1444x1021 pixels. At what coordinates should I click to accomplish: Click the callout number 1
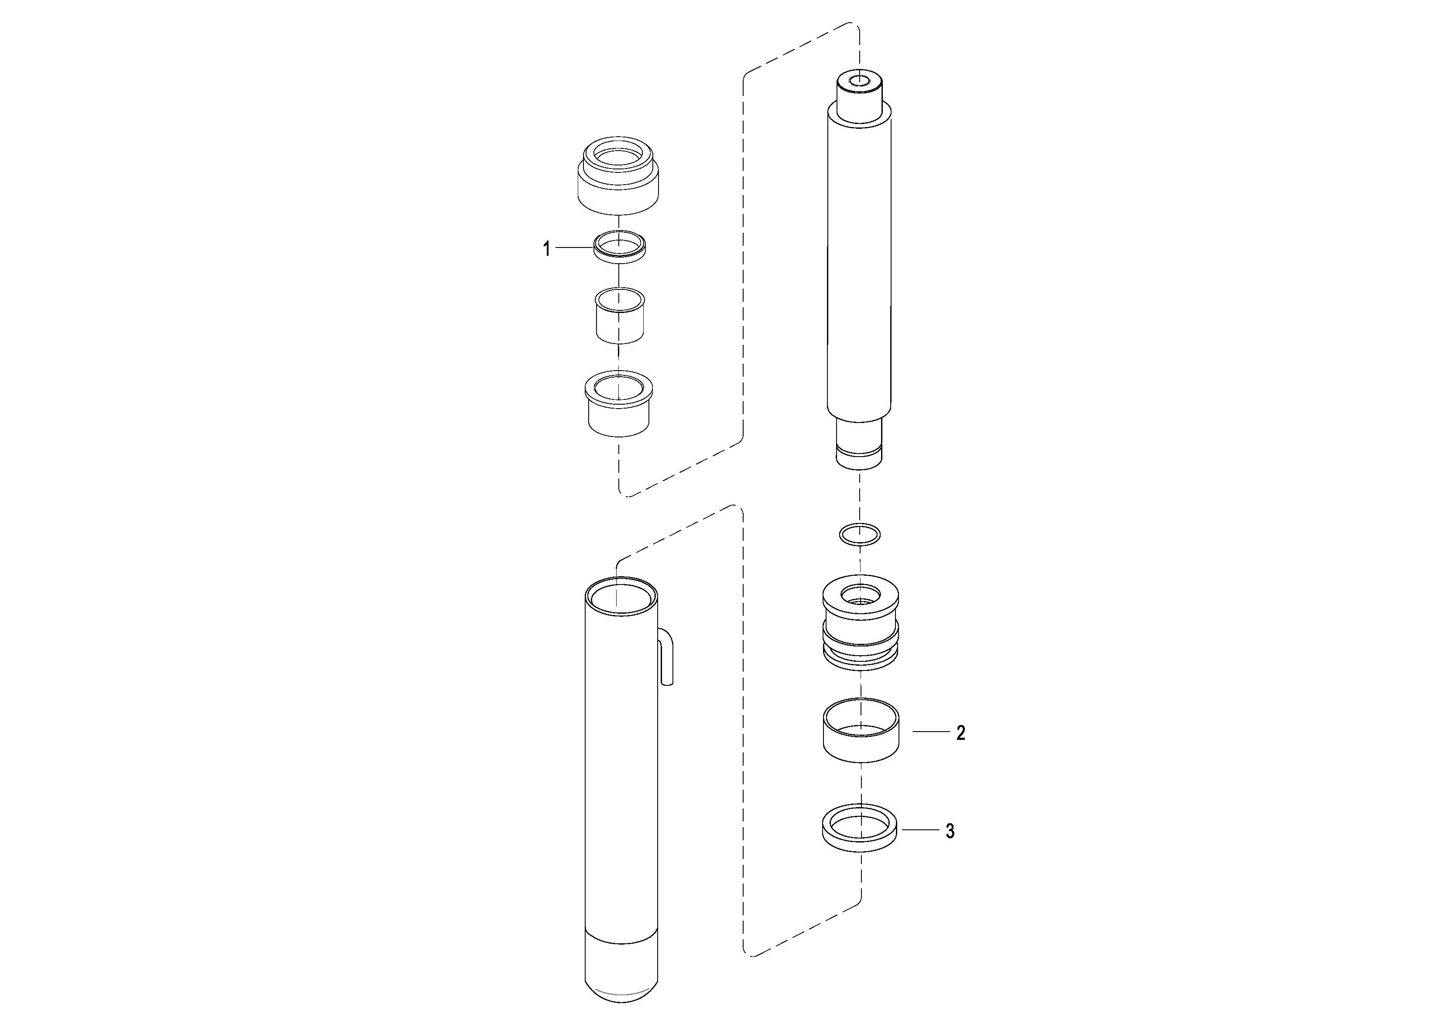tap(546, 250)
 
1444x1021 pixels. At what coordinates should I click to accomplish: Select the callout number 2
tap(960, 733)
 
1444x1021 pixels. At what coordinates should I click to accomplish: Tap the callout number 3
tap(950, 832)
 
